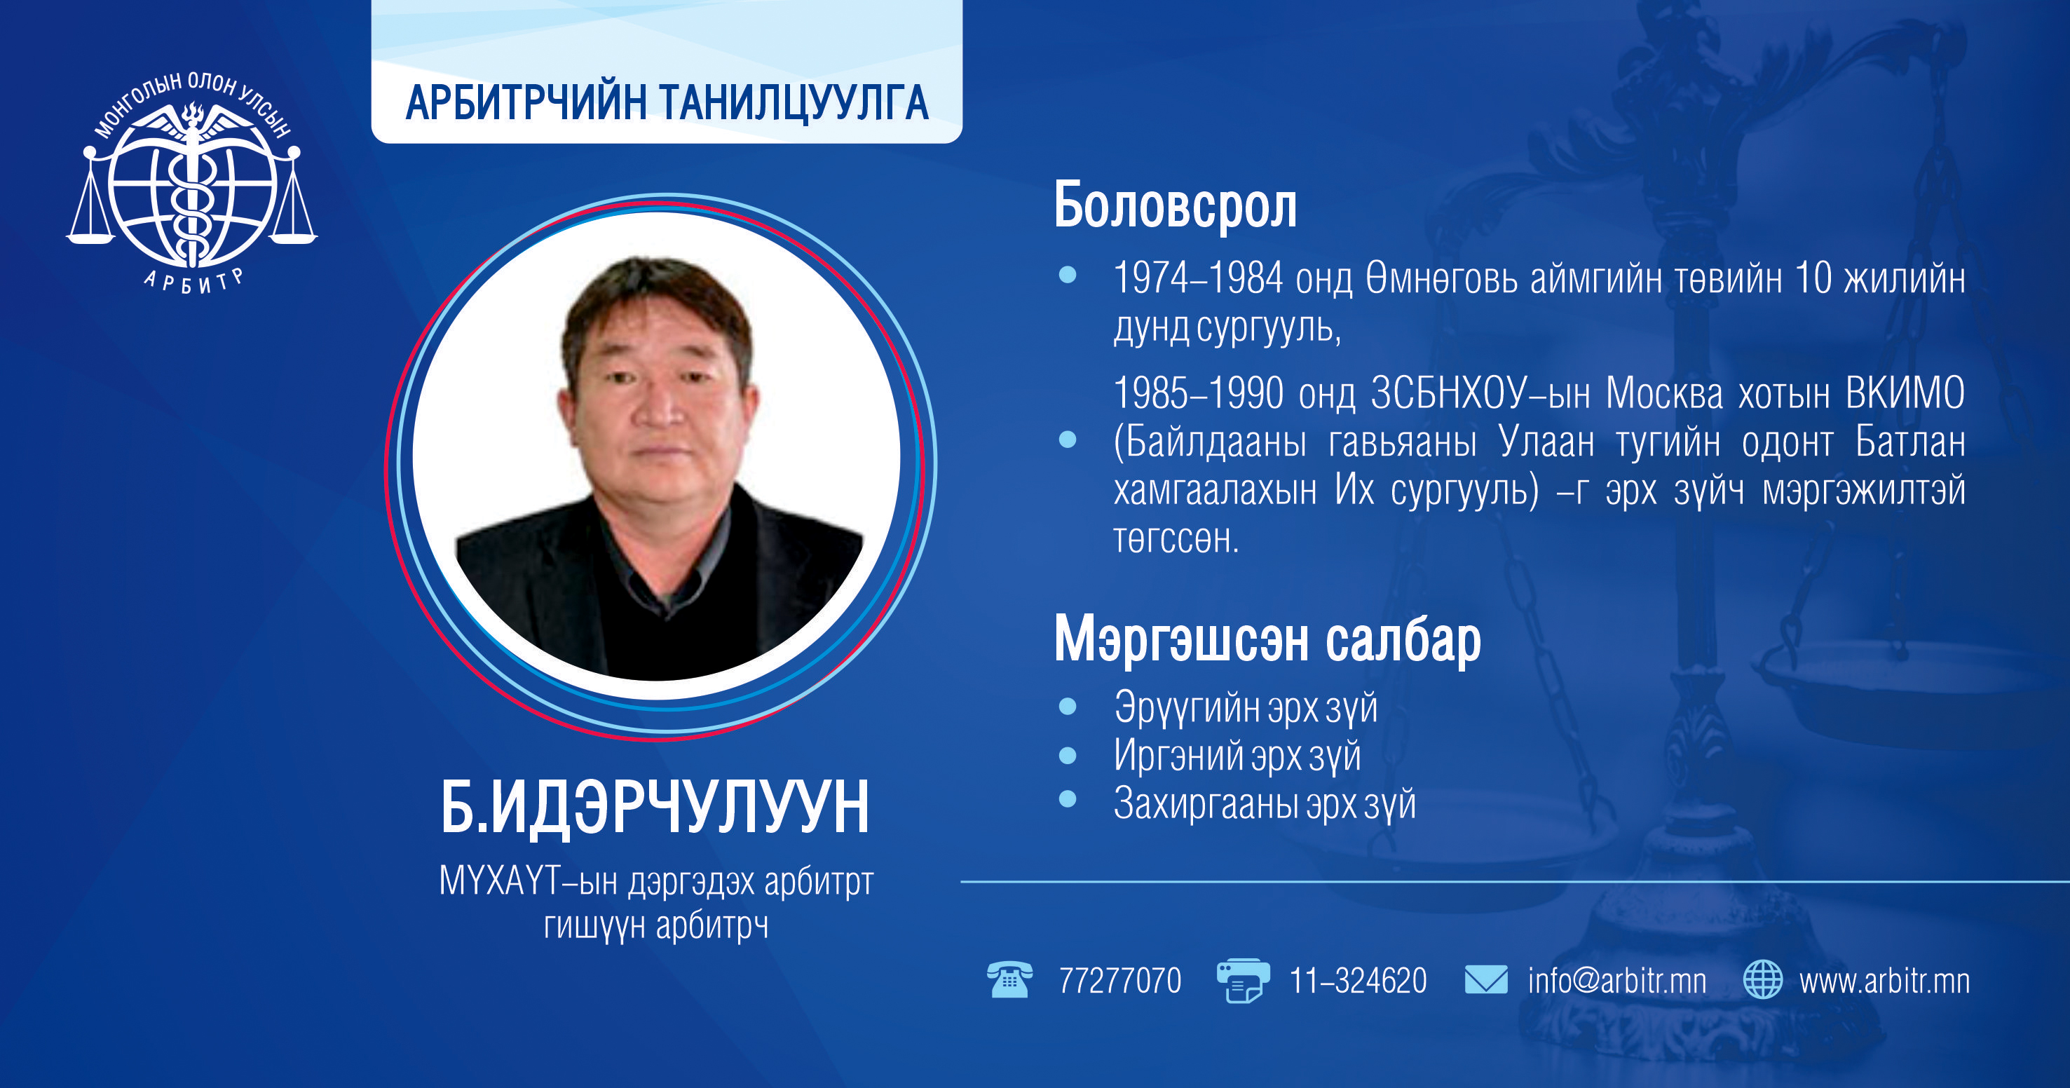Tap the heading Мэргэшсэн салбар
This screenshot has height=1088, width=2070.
coord(1267,639)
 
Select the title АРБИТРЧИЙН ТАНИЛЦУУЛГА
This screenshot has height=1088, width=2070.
coord(667,103)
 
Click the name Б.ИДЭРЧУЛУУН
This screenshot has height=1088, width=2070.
coord(655,807)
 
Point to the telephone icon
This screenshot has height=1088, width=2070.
coord(1009,979)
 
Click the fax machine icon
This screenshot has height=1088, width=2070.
coord(1242,980)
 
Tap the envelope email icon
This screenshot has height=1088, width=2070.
coord(1486,980)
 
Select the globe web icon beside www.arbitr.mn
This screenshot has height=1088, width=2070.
coord(1762,980)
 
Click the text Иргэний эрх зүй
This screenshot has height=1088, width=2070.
coord(1237,755)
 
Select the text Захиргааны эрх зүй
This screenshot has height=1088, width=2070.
coord(1265,803)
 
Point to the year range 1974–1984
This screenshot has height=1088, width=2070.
coord(1198,278)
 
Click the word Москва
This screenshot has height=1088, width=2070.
coord(1664,394)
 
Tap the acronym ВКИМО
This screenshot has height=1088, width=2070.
coord(1905,394)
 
